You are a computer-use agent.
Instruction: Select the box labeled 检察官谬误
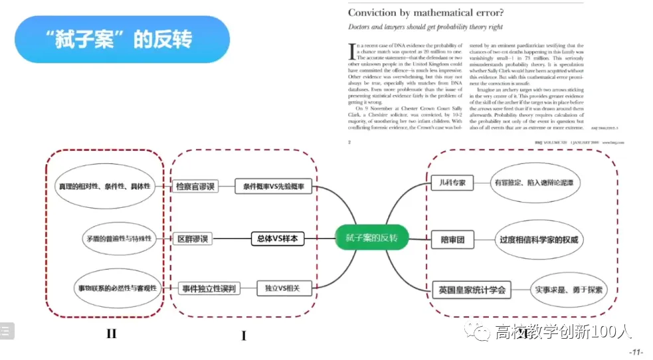coord(194,187)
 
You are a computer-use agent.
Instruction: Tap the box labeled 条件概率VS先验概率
coord(273,187)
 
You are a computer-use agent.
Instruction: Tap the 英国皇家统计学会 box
coord(472,290)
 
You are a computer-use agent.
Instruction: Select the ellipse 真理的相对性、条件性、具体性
coord(103,186)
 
